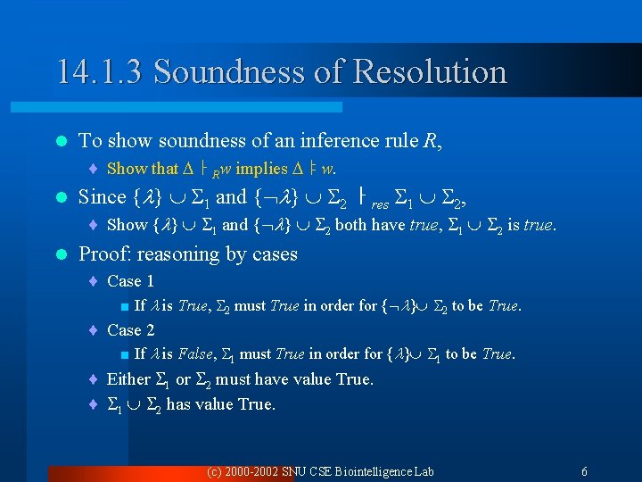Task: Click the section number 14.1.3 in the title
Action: pos(100,71)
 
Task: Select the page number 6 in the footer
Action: pos(584,471)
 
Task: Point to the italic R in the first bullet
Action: pos(433,140)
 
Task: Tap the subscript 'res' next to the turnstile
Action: pos(380,203)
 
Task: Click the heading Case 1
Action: pos(130,281)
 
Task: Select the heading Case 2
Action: pos(130,330)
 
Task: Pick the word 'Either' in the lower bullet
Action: pos(128,379)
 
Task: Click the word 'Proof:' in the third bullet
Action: pos(105,254)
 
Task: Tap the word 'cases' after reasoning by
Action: pos(275,254)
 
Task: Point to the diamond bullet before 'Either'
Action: pos(94,379)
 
